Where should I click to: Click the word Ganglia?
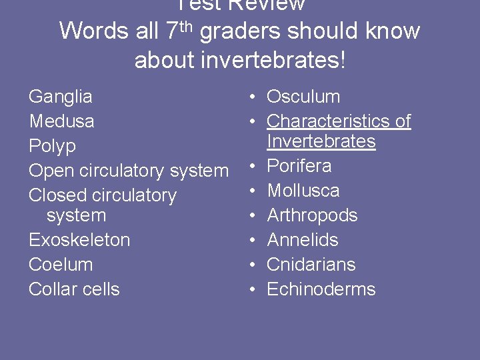[x=60, y=97]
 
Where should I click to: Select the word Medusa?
[x=61, y=121]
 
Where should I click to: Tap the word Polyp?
[x=52, y=146]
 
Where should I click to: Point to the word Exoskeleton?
[x=79, y=240]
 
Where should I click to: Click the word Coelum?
[x=60, y=265]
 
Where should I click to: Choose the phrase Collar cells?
[x=74, y=289]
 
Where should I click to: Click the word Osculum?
[x=303, y=97]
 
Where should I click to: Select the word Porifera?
[x=299, y=166]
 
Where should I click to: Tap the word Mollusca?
[x=303, y=191]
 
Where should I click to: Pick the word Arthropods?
[x=312, y=215]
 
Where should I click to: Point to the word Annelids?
[x=303, y=240]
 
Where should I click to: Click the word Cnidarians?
[x=311, y=265]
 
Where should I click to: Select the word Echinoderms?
[x=321, y=289]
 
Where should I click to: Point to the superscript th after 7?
[x=189, y=25]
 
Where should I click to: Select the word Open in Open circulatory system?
[x=51, y=171]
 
